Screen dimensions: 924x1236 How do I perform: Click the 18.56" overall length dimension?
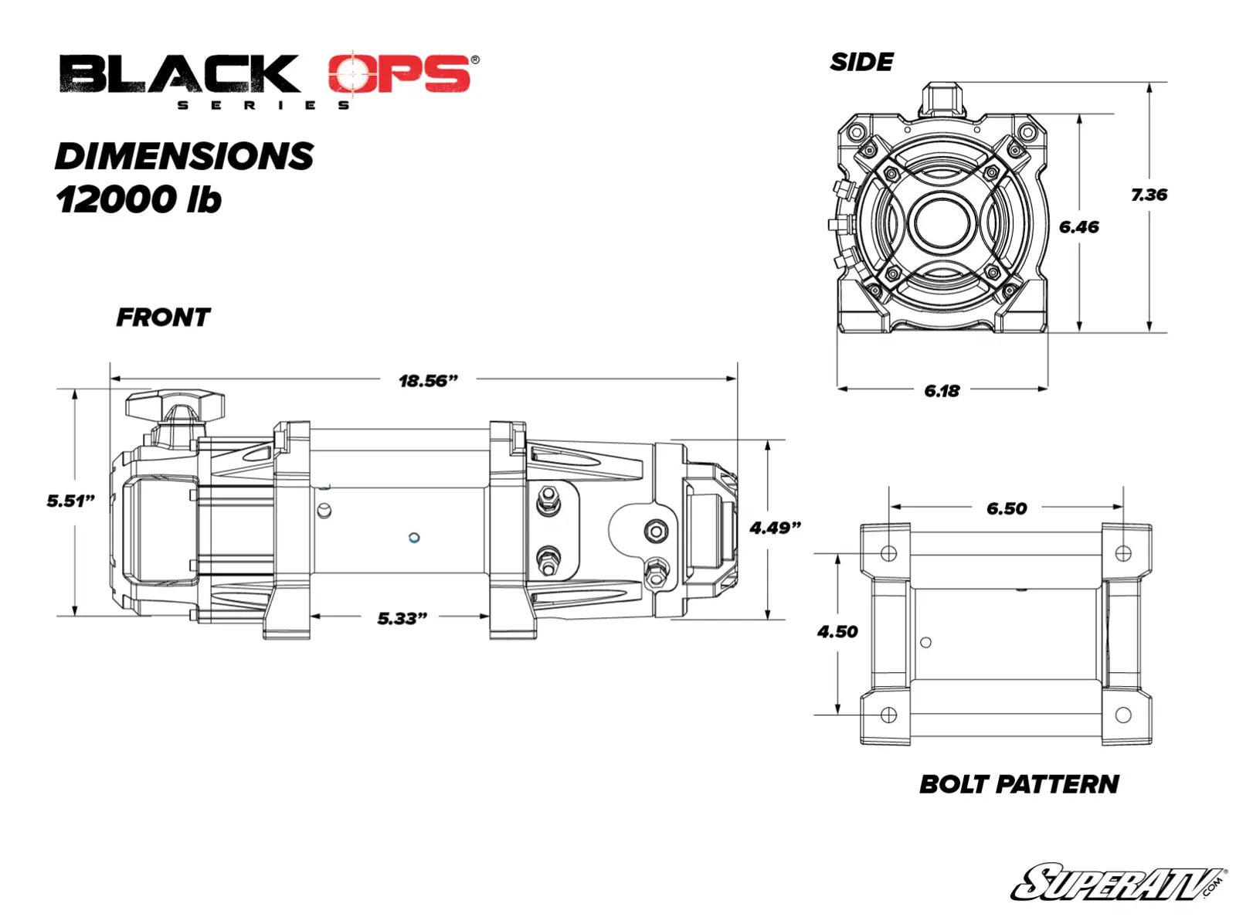pyautogui.click(x=428, y=381)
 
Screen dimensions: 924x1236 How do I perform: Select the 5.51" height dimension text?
pyautogui.click(x=70, y=501)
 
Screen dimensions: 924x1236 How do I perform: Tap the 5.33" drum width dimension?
pyautogui.click(x=402, y=618)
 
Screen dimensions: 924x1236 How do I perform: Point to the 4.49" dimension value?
pyautogui.click(x=775, y=528)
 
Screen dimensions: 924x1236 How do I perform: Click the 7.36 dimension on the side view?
pyautogui.click(x=1149, y=195)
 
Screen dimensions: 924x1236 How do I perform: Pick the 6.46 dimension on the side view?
pyautogui.click(x=1078, y=227)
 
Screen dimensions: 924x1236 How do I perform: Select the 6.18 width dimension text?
pyautogui.click(x=942, y=391)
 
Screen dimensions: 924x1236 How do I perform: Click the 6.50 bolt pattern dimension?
pyautogui.click(x=1007, y=508)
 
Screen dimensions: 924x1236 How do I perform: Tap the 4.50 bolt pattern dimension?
pyautogui.click(x=837, y=632)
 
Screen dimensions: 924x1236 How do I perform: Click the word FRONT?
pyautogui.click(x=163, y=318)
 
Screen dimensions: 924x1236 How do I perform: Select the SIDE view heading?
pyautogui.click(x=861, y=63)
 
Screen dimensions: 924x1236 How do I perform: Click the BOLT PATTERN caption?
pyautogui.click(x=1019, y=784)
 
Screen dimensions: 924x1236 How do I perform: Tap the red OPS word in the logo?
pyautogui.click(x=399, y=75)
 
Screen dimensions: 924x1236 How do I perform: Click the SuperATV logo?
pyautogui.click(x=1117, y=883)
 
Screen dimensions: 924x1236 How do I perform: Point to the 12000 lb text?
pyautogui.click(x=139, y=199)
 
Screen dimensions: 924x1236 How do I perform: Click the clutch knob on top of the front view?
pyautogui.click(x=175, y=405)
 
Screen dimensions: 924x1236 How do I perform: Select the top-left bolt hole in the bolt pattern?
pyautogui.click(x=888, y=553)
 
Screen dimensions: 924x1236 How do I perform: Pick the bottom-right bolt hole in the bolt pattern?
pyautogui.click(x=1123, y=715)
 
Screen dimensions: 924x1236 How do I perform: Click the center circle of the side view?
pyautogui.click(x=942, y=223)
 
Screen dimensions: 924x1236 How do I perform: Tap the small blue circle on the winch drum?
pyautogui.click(x=414, y=538)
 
